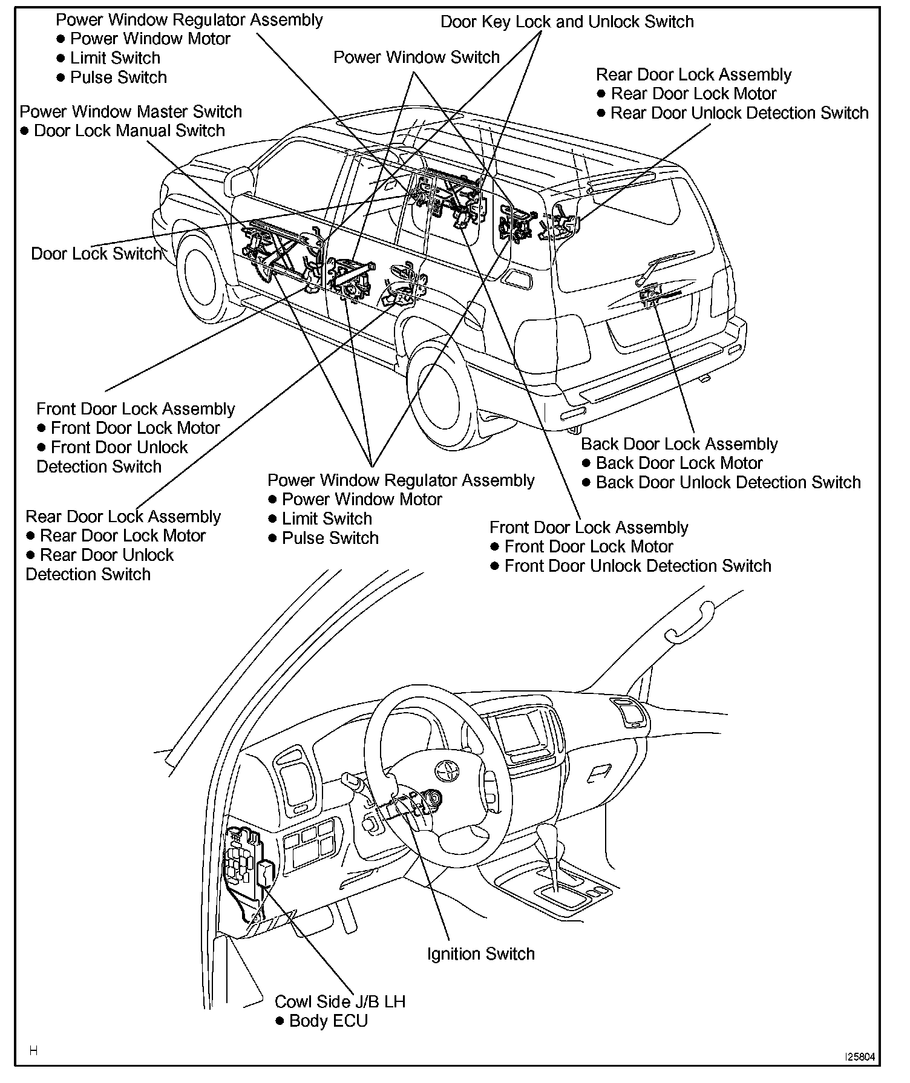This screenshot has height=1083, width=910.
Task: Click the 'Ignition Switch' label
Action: [480, 954]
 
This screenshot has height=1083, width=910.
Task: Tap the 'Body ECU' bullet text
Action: [328, 1021]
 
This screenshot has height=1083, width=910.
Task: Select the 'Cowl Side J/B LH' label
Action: [339, 1001]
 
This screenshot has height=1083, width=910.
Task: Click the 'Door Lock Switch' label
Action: [96, 254]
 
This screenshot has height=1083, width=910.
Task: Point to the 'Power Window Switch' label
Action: [416, 57]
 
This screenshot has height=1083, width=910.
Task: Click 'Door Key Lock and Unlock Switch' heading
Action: [567, 22]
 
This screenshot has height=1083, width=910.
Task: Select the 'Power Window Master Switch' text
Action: [131, 112]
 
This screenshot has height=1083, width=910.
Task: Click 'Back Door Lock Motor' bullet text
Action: [679, 463]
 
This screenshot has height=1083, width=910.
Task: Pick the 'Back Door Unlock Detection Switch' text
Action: [728, 483]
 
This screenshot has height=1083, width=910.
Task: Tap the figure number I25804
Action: [859, 1057]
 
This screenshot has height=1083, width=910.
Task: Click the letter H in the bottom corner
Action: [33, 1051]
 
